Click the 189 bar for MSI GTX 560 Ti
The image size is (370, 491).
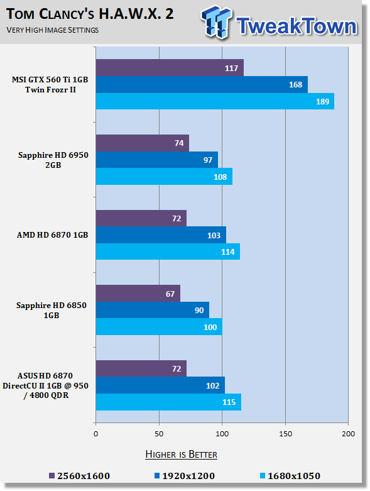(215, 101)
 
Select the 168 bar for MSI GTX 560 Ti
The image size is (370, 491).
(202, 84)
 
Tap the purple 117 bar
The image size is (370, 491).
(170, 68)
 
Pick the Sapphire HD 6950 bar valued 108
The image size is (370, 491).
(164, 177)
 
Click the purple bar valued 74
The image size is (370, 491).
(143, 143)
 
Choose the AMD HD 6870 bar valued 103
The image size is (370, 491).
(161, 235)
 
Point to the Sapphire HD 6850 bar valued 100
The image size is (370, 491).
(159, 327)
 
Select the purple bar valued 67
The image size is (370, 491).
(138, 294)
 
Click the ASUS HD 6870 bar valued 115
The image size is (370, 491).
(168, 402)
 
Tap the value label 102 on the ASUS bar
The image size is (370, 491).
(213, 385)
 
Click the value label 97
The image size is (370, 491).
(208, 160)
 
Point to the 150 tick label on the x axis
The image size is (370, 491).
(285, 434)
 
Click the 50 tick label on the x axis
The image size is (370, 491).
(159, 434)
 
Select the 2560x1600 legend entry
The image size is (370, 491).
(79, 476)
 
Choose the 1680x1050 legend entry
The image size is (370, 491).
(290, 476)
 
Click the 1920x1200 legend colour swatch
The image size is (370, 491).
(157, 476)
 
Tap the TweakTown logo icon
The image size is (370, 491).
(217, 22)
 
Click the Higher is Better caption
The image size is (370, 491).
(181, 455)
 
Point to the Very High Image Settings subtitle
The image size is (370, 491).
(53, 30)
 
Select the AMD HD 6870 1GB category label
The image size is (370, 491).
(53, 235)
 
